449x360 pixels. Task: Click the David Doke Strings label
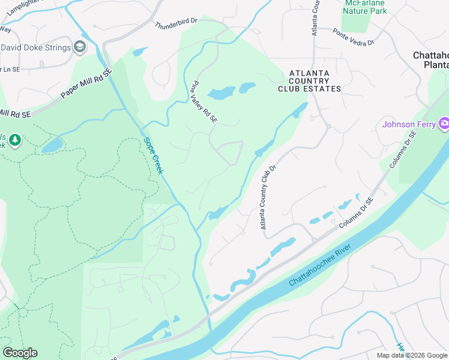[34, 47]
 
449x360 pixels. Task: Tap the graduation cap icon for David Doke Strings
[80, 47]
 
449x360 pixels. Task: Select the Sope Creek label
[154, 156]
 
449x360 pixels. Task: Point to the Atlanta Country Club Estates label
[309, 81]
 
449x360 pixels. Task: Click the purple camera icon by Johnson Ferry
[444, 124]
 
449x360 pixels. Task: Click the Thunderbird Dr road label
[176, 23]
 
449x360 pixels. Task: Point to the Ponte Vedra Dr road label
[354, 38]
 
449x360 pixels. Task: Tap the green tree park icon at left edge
[14, 140]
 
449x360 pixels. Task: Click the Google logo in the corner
[20, 353]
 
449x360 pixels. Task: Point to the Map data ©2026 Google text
[411, 355]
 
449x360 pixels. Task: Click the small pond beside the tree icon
[52, 145]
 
